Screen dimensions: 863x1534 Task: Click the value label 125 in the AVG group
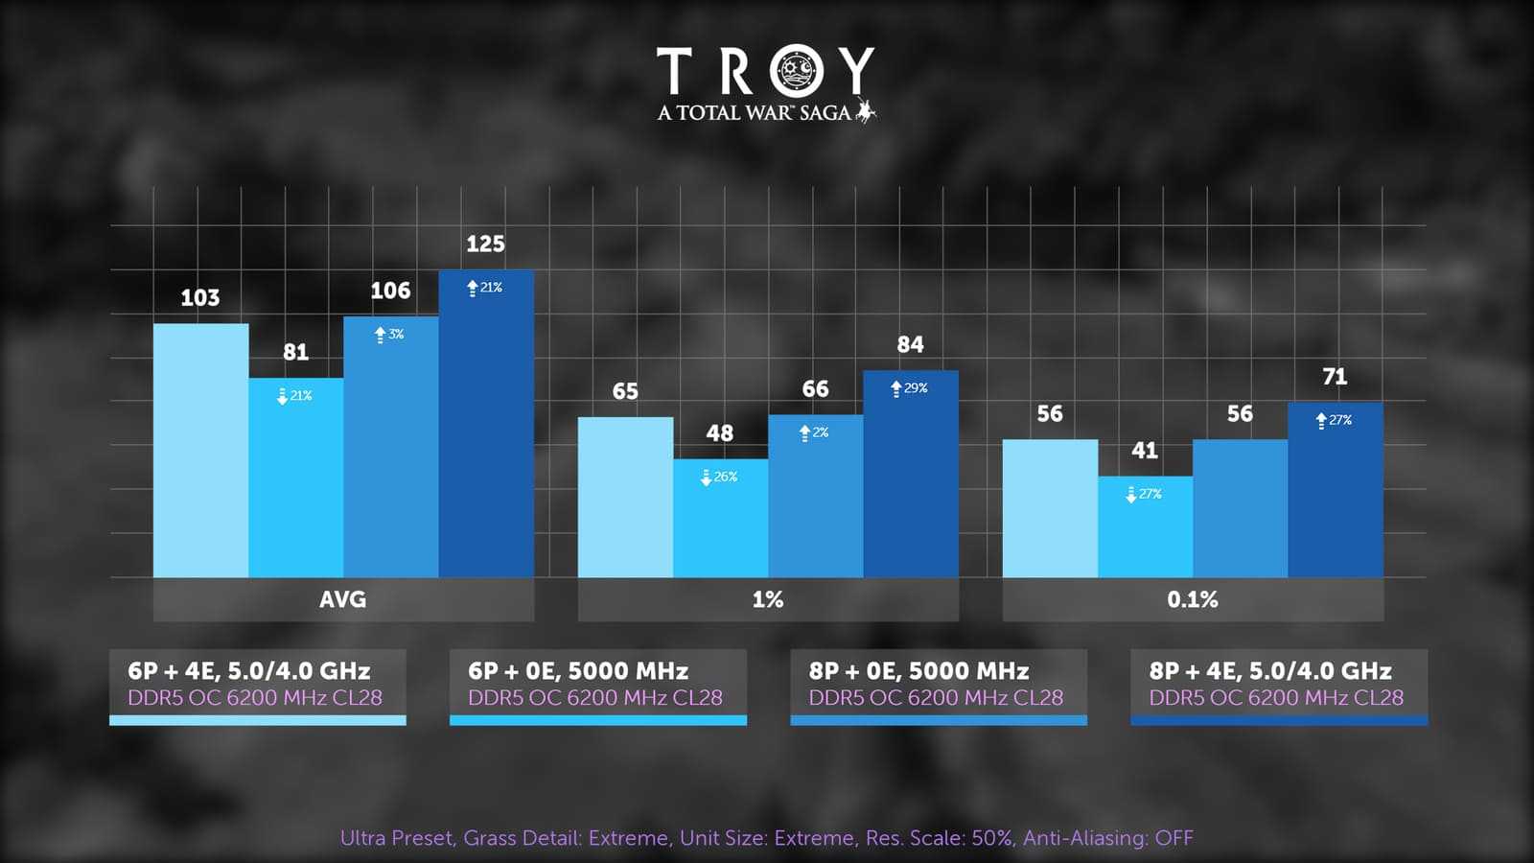click(x=485, y=245)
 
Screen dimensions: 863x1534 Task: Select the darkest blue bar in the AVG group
click(x=486, y=431)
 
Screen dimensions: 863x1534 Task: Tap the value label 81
click(x=295, y=352)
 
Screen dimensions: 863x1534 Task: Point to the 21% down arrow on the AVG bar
click(x=283, y=396)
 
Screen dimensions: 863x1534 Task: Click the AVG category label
click(x=342, y=599)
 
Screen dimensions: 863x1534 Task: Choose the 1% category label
click(x=767, y=599)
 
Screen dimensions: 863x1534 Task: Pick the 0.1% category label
click(x=1192, y=599)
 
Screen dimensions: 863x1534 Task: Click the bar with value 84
click(x=911, y=479)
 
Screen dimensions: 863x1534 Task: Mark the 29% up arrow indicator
click(x=896, y=388)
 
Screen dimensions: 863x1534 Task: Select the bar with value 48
click(x=720, y=523)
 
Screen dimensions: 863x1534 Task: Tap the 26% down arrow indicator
click(x=707, y=477)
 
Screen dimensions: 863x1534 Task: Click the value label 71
click(x=1335, y=377)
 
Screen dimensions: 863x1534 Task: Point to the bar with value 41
click(x=1145, y=532)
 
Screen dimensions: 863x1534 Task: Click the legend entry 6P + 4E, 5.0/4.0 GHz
click(x=257, y=684)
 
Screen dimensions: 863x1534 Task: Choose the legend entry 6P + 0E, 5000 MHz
click(x=597, y=684)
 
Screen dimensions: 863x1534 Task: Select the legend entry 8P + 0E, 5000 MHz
click(x=938, y=684)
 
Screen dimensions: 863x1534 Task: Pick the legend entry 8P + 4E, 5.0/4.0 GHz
click(x=1278, y=684)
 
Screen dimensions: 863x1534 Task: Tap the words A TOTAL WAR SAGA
click(x=755, y=113)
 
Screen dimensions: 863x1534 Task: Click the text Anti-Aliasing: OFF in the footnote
click(x=1107, y=838)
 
